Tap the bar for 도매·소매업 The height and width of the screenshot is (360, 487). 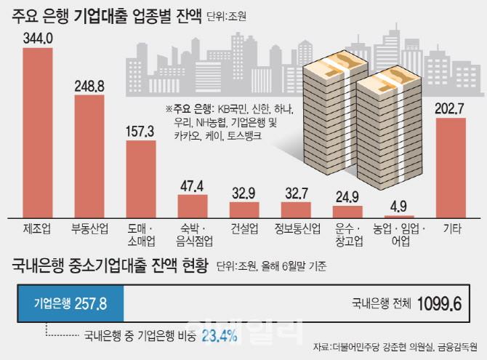(x=141, y=179)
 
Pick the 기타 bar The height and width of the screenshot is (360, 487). (x=451, y=167)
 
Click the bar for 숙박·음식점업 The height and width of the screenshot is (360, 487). (x=193, y=206)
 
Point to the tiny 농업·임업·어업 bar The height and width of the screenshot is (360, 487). (x=399, y=216)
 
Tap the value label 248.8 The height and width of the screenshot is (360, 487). (x=89, y=86)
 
